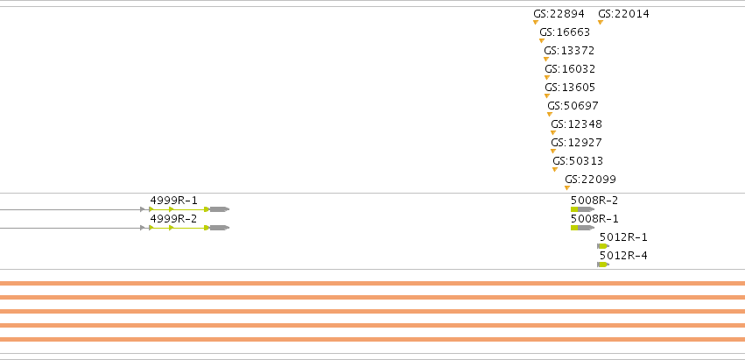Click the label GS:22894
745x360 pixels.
(x=559, y=14)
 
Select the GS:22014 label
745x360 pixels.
(x=623, y=14)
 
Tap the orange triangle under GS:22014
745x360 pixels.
(x=601, y=23)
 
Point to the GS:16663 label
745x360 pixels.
(x=565, y=32)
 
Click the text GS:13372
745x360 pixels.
(x=569, y=51)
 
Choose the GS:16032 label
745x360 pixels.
(x=570, y=69)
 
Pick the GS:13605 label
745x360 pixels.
(x=570, y=88)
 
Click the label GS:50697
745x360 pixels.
(x=573, y=106)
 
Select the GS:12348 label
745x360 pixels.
(x=576, y=124)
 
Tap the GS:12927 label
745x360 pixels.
(x=576, y=143)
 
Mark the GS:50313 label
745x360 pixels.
(x=578, y=161)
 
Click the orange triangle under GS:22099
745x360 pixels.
(x=567, y=187)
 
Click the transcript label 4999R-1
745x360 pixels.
(x=173, y=201)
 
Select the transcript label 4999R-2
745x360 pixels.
(x=173, y=219)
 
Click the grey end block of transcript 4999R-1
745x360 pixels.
(x=220, y=209)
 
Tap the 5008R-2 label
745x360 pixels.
(x=594, y=201)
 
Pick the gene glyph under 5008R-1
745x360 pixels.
(x=582, y=228)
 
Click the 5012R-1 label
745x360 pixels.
(x=623, y=237)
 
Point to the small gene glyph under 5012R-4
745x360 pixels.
(x=603, y=265)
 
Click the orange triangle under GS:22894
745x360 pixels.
(x=536, y=23)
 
